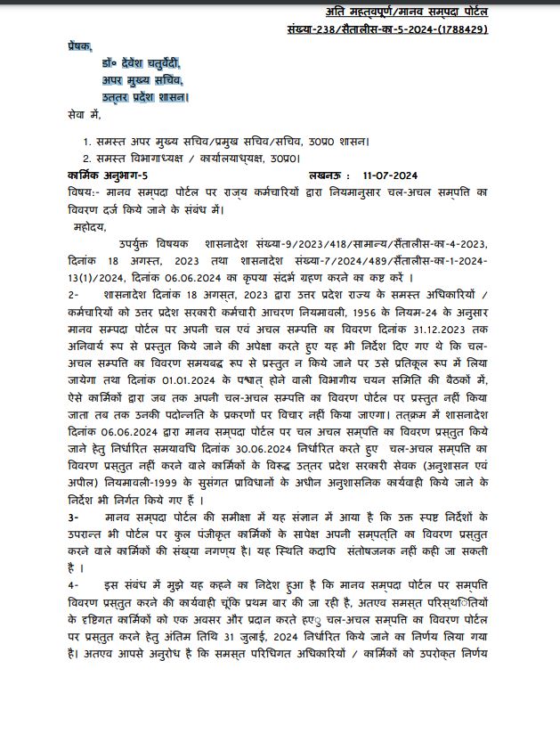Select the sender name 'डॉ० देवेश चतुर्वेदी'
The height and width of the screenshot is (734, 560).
pos(140,63)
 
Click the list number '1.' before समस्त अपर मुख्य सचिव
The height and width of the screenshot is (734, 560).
pos(87,141)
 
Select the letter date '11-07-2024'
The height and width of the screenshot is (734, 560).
pos(398,175)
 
